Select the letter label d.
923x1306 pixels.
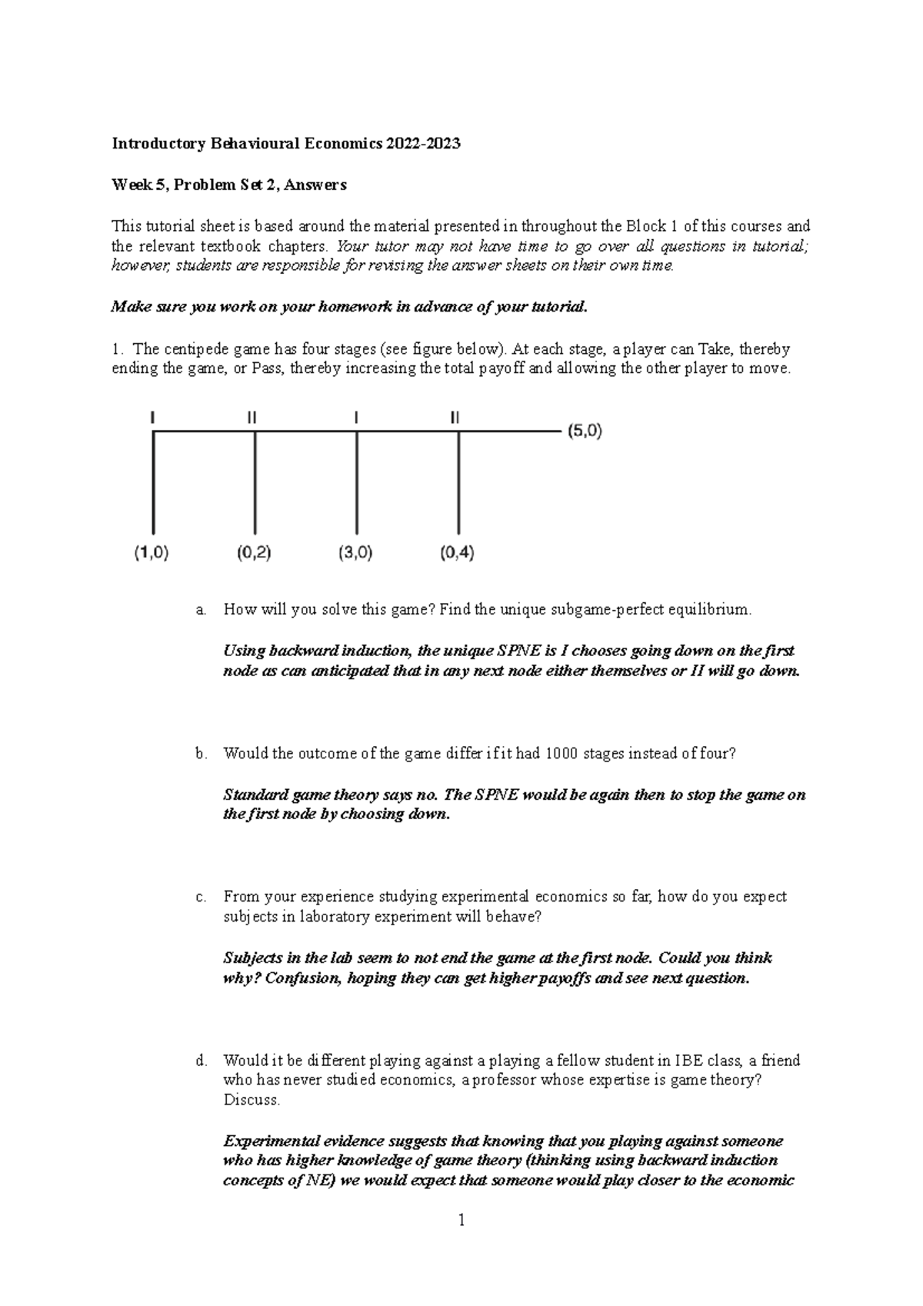[201, 1061]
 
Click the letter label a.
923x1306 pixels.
[201, 610]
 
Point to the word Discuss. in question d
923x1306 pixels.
[252, 1100]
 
